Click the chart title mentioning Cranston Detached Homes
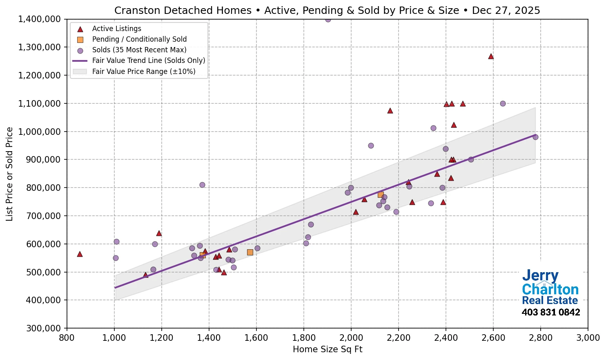pos(327,10)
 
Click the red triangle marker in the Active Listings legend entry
pos(80,29)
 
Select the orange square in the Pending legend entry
pos(80,40)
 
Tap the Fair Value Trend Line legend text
pos(149,60)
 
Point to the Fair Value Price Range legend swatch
pos(80,72)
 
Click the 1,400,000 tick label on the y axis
pos(39,19)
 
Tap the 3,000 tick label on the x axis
pos(588,338)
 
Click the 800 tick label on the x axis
pos(67,338)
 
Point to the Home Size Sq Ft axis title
pos(328,349)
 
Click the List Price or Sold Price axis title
pos(10,174)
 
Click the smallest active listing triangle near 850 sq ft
pos(80,254)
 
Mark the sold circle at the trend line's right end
pos(535,137)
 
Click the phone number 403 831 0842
pos(550,313)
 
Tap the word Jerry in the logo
pos(540,276)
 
